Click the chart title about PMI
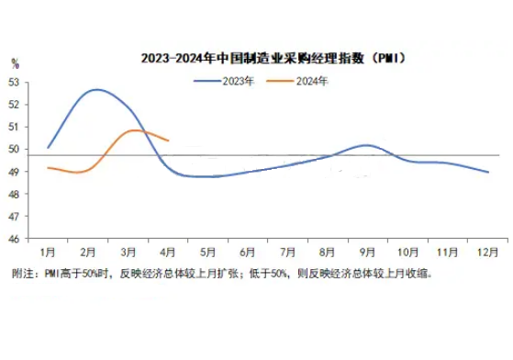pos(273,59)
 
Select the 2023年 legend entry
pos(224,81)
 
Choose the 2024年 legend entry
pos(297,81)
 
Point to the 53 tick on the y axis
pos(14,83)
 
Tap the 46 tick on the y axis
pos(14,239)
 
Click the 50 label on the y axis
pos(14,150)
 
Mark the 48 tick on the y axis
pos(14,194)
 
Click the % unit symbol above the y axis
pos(15,63)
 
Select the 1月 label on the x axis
pos(48,253)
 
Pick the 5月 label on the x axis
pos(207,253)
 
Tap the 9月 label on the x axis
pos(367,253)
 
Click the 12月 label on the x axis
pos(487,253)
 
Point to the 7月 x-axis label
pos(287,253)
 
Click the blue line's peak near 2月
pos(97,89)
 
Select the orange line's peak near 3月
pos(135,130)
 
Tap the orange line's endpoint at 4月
pos(168,141)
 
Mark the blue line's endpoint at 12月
pos(488,172)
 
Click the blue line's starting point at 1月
pos(48,148)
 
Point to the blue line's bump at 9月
pos(366,145)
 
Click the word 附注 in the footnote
pos(23,274)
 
